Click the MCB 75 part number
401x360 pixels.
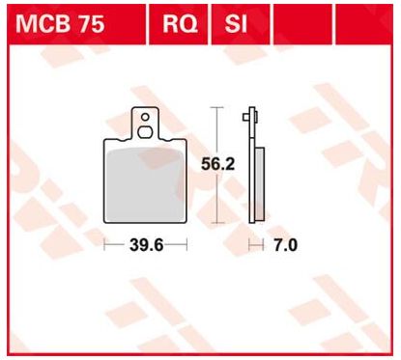pos(60,24)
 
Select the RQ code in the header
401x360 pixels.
pos(180,24)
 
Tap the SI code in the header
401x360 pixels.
pos(236,24)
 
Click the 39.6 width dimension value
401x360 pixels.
pos(147,245)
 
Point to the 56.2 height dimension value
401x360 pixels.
pos(218,164)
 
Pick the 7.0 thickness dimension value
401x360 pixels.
pos(285,245)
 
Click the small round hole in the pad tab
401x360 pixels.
pos(145,117)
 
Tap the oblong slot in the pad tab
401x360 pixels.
pos(145,132)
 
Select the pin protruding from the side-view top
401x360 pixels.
pos(246,117)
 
